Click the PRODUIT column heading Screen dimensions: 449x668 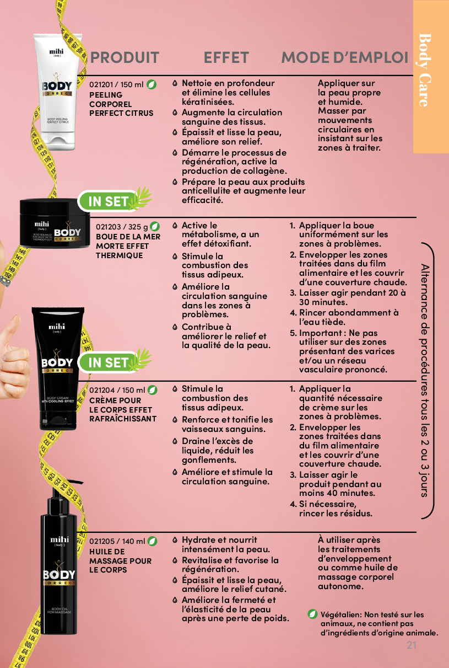125,57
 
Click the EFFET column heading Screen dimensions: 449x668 226,57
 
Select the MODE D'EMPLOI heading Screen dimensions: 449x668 344,57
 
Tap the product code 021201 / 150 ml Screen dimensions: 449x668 116,84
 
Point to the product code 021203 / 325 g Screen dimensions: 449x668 122,227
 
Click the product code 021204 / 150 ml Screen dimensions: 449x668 117,390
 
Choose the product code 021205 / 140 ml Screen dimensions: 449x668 117,541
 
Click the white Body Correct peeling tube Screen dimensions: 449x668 58,92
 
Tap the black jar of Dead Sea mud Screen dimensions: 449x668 55,223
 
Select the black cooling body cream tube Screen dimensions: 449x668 58,368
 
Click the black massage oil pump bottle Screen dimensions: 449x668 59,557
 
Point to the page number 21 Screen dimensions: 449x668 412,645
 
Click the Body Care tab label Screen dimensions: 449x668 425,70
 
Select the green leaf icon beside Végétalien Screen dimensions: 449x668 312,614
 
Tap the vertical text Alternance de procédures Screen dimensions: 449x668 425,380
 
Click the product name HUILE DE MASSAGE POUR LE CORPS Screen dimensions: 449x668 120,560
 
